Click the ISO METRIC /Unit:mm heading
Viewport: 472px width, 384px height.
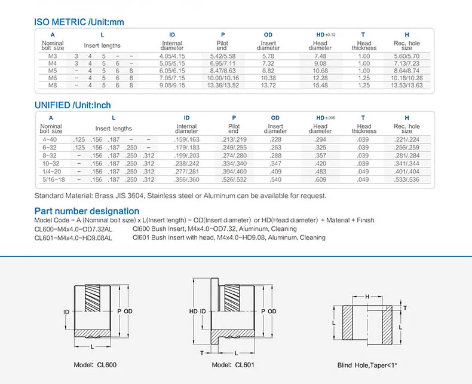pyautogui.click(x=79, y=23)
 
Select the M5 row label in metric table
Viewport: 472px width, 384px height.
pyautogui.click(x=52, y=71)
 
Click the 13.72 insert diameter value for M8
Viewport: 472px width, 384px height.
pyautogui.click(x=268, y=86)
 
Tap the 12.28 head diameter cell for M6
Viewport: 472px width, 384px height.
pyautogui.click(x=320, y=78)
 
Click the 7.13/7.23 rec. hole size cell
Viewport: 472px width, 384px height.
pyautogui.click(x=407, y=63)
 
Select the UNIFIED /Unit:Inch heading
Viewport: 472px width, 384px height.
pyautogui.click(x=73, y=105)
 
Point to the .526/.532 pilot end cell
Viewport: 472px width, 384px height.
pyautogui.click(x=234, y=179)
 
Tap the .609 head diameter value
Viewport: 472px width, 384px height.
pyautogui.click(x=320, y=179)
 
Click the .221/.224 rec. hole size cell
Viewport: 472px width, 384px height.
pyautogui.click(x=407, y=139)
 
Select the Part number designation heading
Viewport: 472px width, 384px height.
pyautogui.click(x=87, y=211)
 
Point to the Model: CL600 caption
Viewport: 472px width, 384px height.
pyautogui.click(x=96, y=365)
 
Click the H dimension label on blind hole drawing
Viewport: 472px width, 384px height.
pyautogui.click(x=367, y=296)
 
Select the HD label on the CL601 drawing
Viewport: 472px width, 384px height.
pyautogui.click(x=193, y=312)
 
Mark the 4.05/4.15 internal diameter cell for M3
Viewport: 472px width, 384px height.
pyautogui.click(x=172, y=56)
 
